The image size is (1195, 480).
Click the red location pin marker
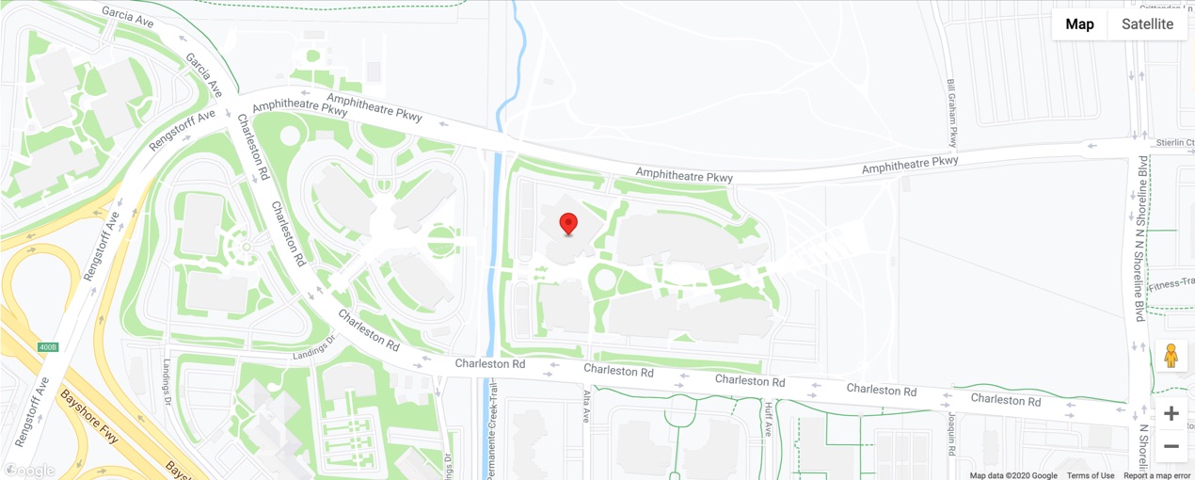pyautogui.click(x=568, y=224)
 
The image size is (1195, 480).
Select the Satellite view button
pyautogui.click(x=1147, y=24)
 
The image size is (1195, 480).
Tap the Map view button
pyautogui.click(x=1079, y=24)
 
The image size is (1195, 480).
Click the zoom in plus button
pyautogui.click(x=1171, y=413)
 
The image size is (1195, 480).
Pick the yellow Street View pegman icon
pyautogui.click(x=1171, y=356)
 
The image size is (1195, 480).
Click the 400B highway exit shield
pyautogui.click(x=48, y=347)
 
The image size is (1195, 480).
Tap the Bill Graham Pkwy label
pyautogui.click(x=951, y=114)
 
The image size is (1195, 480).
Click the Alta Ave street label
pyautogui.click(x=585, y=408)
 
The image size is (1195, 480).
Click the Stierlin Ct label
pyautogui.click(x=1174, y=143)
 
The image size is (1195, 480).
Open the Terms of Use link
pyautogui.click(x=1090, y=475)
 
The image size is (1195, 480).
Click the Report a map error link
pyautogui.click(x=1156, y=475)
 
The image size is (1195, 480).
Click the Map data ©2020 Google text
pyautogui.click(x=1013, y=475)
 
